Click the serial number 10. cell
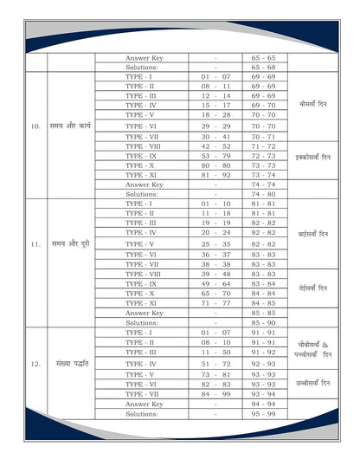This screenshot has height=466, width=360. [x=35, y=126]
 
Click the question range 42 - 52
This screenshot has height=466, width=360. [x=215, y=146]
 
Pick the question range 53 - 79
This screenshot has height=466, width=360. [x=215, y=156]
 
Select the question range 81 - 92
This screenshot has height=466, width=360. [x=215, y=174]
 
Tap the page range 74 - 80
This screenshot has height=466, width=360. [x=263, y=194]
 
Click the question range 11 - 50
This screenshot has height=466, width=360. [x=215, y=353]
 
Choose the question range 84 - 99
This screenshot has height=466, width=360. [x=215, y=393]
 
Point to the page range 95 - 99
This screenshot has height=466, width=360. [x=263, y=414]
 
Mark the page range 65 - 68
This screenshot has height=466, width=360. [x=263, y=67]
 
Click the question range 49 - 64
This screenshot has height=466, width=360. [x=215, y=283]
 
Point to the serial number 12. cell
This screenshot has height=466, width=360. [x=35, y=364]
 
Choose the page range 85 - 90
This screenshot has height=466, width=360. [x=263, y=322]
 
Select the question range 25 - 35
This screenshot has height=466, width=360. [x=215, y=244]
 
